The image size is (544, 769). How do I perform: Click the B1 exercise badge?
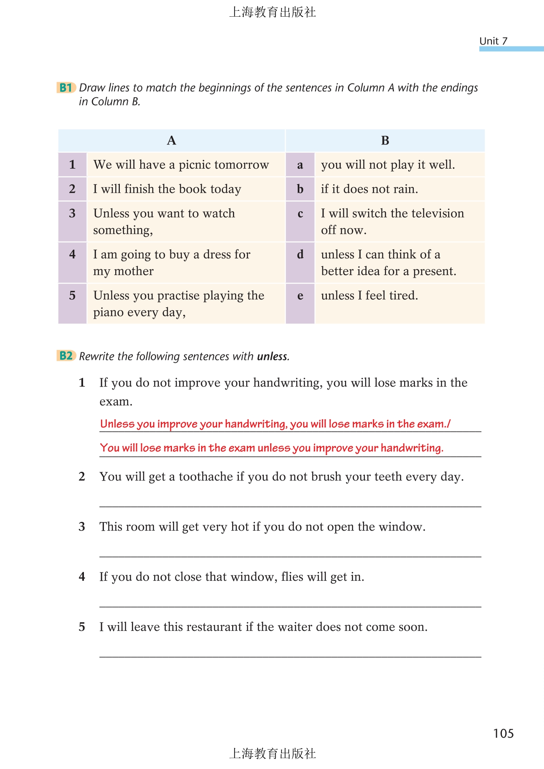(x=66, y=88)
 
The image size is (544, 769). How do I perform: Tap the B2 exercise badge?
(x=66, y=356)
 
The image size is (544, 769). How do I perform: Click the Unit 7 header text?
(x=493, y=41)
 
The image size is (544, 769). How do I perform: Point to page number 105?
(x=503, y=734)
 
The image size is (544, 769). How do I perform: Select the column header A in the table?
(x=171, y=141)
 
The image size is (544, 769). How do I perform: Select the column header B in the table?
(x=385, y=141)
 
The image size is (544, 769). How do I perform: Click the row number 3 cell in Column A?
(x=72, y=221)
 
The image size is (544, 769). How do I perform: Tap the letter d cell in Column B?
(x=300, y=262)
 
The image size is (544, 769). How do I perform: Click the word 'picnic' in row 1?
(x=194, y=165)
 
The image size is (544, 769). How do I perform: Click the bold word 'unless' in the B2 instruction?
(x=273, y=357)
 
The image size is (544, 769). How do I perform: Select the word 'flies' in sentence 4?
(x=292, y=577)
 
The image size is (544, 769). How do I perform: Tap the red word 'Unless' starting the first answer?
(x=117, y=424)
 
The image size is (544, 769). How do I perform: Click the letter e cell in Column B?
(x=300, y=303)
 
